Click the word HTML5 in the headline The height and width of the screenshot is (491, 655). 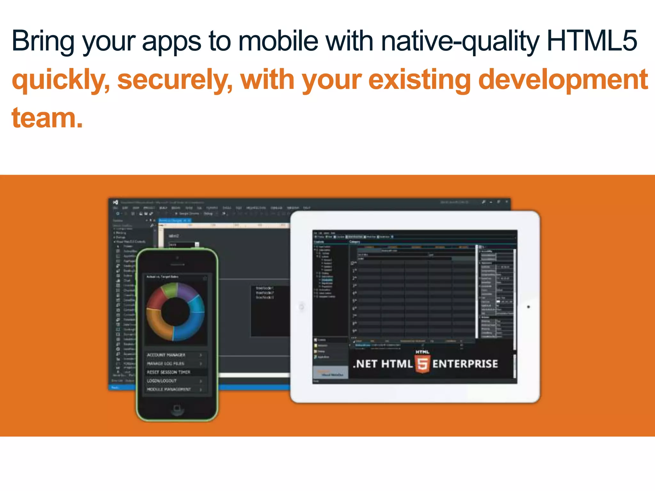tap(592, 41)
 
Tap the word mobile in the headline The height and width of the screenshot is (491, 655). tap(278, 41)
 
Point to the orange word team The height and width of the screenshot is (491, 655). tap(47, 118)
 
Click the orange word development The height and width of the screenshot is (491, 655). tap(563, 80)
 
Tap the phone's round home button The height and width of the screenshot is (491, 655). tap(177, 408)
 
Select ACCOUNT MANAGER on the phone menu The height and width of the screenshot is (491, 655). tap(166, 355)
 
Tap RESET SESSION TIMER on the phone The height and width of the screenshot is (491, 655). tap(169, 372)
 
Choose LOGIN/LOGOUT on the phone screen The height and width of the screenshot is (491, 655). tap(162, 381)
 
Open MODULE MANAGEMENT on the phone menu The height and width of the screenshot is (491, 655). tap(169, 390)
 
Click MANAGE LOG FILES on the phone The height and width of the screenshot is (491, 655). tap(165, 364)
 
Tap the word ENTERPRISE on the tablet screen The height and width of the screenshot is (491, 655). tap(465, 364)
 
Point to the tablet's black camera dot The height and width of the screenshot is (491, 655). tap(528, 307)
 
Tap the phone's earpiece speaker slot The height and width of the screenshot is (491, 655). tap(177, 265)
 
